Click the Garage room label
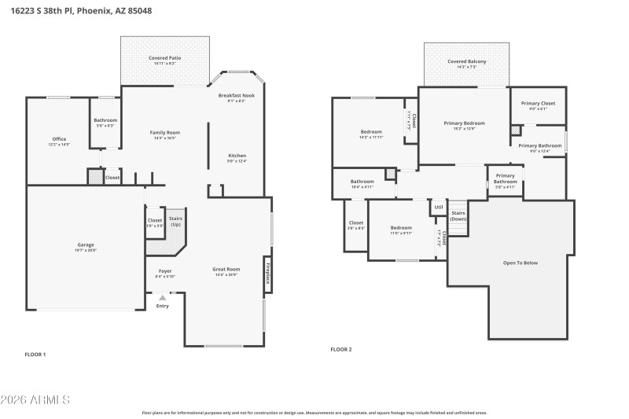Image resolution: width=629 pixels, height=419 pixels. click(85, 244)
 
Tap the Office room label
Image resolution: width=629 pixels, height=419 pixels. click(59, 139)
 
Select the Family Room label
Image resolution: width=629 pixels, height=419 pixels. click(165, 133)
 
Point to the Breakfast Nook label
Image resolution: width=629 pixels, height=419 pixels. click(236, 95)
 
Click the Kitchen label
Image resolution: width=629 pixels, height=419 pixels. click(237, 156)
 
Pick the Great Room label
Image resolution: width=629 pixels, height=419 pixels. click(226, 270)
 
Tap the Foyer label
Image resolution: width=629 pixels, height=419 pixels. click(165, 271)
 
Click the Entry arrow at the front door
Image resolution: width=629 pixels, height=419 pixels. click(163, 298)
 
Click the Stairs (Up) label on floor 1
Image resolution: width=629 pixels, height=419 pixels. click(176, 222)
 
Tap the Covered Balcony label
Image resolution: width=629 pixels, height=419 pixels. click(466, 61)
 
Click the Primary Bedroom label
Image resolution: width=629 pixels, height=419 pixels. click(464, 123)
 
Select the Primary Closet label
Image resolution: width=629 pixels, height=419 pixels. click(538, 103)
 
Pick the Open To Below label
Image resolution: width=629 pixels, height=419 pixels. click(520, 263)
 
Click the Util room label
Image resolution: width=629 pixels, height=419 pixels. click(438, 208)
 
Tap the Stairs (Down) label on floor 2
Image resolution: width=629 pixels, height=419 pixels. click(458, 215)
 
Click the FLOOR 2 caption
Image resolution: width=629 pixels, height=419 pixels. click(340, 349)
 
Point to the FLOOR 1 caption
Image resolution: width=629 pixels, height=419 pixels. click(35, 355)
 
